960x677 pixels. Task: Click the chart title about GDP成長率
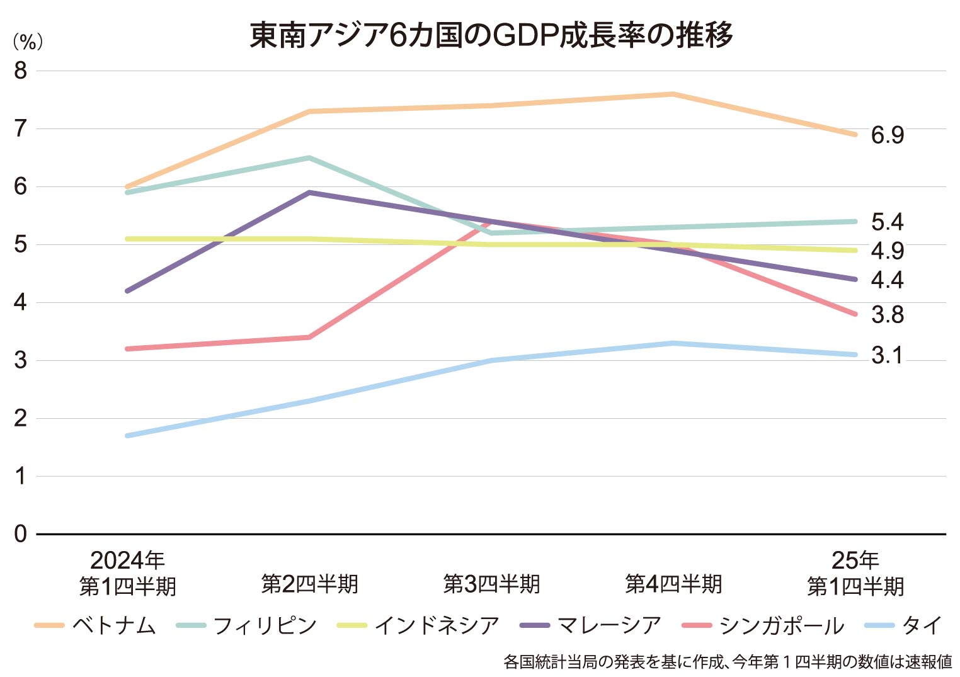pyautogui.click(x=491, y=35)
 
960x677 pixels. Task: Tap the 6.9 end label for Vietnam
pyautogui.click(x=887, y=135)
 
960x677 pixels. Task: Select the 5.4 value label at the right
pyautogui.click(x=887, y=222)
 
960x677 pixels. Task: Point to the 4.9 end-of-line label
pyautogui.click(x=887, y=251)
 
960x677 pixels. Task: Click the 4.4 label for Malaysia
pyautogui.click(x=887, y=280)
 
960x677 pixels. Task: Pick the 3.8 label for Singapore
pyautogui.click(x=887, y=314)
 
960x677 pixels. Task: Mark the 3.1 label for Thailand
pyautogui.click(x=886, y=355)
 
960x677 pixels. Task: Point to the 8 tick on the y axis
pyautogui.click(x=21, y=71)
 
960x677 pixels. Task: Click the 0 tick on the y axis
pyautogui.click(x=21, y=534)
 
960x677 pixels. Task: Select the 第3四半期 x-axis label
pyautogui.click(x=491, y=584)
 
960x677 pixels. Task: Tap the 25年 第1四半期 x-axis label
pyautogui.click(x=855, y=573)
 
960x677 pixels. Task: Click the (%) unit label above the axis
pyautogui.click(x=28, y=42)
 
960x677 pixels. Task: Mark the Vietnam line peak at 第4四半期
pyautogui.click(x=673, y=94)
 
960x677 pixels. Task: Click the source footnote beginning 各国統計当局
pyautogui.click(x=728, y=662)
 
